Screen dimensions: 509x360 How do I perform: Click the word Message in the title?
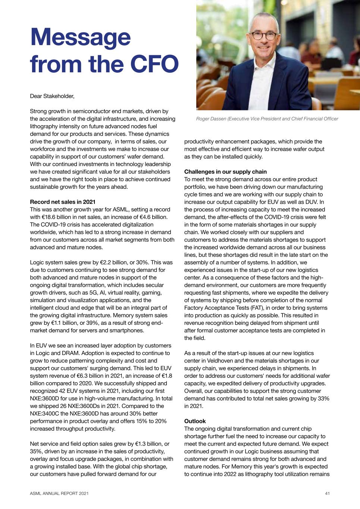[x=80, y=38]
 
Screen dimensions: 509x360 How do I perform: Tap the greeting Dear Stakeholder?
[x=52, y=96]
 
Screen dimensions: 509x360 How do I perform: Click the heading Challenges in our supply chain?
[x=225, y=172]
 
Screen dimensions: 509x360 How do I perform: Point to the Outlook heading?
[x=195, y=421]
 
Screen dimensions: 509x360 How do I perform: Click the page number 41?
[x=327, y=493]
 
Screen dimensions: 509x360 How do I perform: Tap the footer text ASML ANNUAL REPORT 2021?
[x=59, y=493]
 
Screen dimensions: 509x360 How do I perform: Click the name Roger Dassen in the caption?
[x=211, y=119]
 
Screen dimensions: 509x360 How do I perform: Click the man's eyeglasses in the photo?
[x=263, y=36]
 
